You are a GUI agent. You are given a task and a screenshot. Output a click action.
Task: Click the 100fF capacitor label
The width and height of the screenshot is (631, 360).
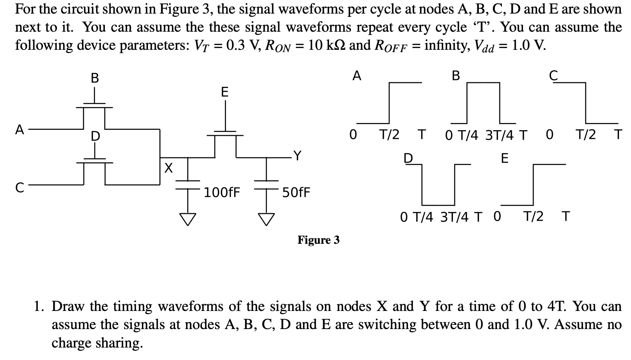tap(222, 192)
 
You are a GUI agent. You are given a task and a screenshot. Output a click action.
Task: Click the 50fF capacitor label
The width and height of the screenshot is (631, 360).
tap(296, 192)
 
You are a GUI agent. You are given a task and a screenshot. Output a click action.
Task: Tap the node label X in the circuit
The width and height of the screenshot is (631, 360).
tap(169, 166)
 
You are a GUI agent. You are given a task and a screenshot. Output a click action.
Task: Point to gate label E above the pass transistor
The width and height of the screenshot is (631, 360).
tap(225, 92)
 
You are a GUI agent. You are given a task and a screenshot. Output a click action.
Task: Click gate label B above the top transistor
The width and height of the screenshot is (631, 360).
tap(95, 78)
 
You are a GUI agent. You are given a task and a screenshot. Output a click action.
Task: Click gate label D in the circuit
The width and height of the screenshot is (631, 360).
tap(95, 136)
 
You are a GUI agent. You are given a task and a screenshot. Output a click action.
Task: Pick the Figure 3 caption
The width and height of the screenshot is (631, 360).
tap(318, 240)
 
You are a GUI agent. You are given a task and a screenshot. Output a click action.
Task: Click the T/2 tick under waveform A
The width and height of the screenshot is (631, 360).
tap(389, 134)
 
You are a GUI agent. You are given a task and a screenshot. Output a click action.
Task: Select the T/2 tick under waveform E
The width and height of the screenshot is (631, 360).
tap(533, 217)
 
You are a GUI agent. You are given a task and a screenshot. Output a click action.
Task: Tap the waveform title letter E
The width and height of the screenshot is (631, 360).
tap(505, 158)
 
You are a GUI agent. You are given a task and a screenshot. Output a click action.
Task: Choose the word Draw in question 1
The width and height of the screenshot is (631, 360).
tap(65, 306)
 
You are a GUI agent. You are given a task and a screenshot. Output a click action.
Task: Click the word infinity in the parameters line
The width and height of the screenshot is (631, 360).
tap(447, 45)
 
